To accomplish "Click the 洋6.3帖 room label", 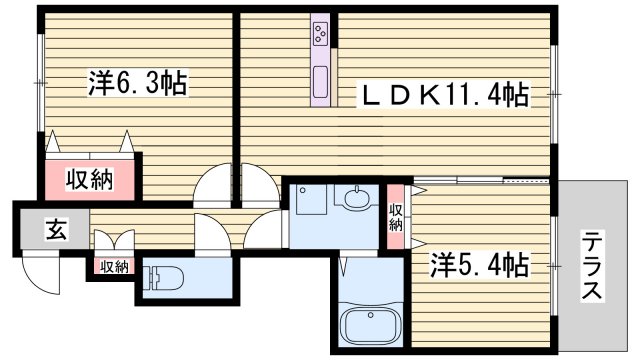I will tap(138, 83).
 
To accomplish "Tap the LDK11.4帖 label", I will tap(445, 95).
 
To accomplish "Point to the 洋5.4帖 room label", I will tap(479, 265).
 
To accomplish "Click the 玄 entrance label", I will tap(51, 231).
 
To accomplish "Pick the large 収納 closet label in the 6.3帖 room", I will tap(89, 180).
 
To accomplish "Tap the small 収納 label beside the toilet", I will tap(113, 266).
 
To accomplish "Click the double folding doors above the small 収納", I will tap(111, 243).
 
